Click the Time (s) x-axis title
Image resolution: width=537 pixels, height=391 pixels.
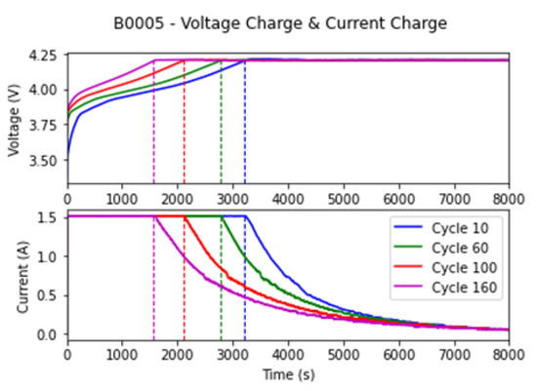[287, 374]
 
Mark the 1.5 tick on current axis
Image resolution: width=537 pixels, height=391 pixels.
[52, 216]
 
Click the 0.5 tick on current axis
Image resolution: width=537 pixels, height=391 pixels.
[52, 294]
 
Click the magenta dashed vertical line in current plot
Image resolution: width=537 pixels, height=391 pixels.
[154, 293]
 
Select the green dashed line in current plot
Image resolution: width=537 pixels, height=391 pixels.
[222, 293]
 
